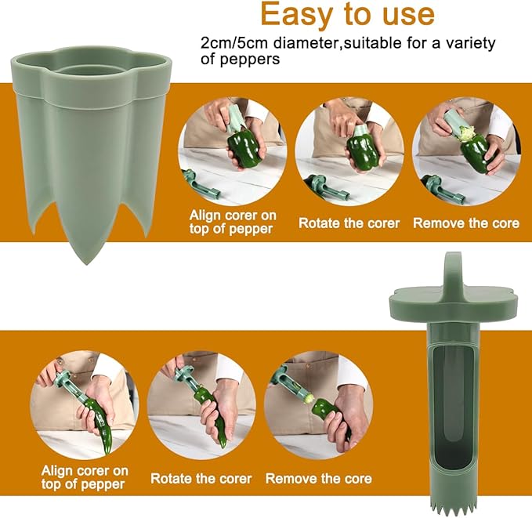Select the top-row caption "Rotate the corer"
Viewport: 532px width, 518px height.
tap(349, 223)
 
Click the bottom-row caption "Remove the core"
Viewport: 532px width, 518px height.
tap(319, 479)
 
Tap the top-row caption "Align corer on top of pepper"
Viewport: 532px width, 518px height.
tap(233, 222)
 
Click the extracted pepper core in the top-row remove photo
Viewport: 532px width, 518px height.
tap(465, 133)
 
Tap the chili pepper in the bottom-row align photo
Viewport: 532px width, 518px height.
tap(99, 419)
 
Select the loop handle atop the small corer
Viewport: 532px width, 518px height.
tap(453, 272)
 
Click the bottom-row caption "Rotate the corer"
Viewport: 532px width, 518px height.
tap(201, 479)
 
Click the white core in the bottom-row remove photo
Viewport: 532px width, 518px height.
tap(309, 398)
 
